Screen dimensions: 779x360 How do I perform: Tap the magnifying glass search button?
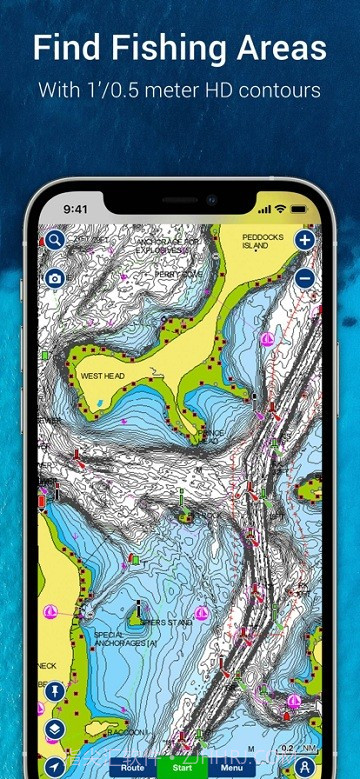pos(54,241)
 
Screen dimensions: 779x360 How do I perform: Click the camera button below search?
pos(54,277)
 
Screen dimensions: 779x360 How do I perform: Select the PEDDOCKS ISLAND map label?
pos(265,241)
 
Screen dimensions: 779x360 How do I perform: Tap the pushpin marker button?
pos(54,691)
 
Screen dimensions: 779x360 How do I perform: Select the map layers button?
pos(54,729)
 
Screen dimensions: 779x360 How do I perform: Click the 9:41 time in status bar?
pos(76,210)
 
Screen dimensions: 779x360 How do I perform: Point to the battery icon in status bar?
pos(299,210)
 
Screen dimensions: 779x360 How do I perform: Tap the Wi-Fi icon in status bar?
pos(281,210)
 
